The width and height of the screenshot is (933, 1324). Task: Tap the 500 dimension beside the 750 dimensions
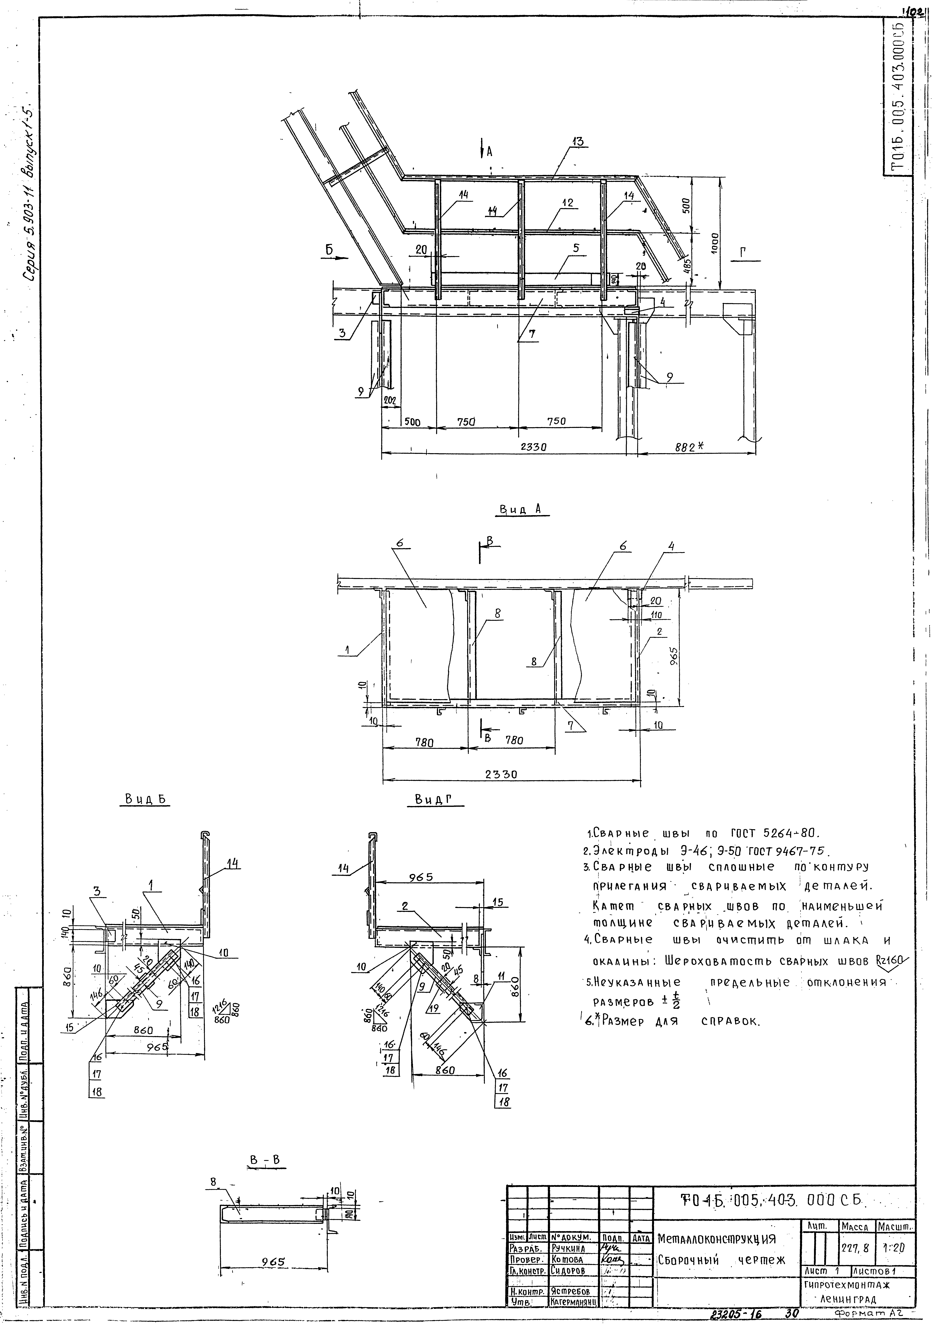pos(411,422)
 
